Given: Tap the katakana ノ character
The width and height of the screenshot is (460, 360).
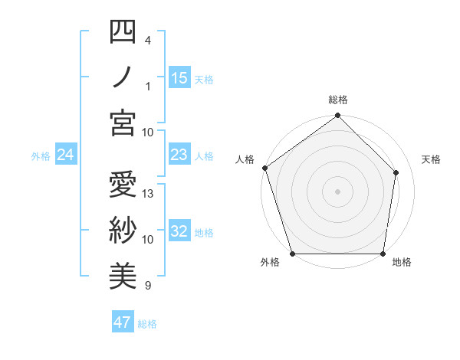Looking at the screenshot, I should point(123,77).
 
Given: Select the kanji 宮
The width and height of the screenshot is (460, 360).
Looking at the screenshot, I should point(123,123).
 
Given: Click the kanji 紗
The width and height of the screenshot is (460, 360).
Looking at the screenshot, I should point(123,230).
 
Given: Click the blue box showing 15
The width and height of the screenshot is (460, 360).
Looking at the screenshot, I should point(179,78).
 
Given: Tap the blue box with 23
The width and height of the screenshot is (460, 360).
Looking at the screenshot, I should point(179,155).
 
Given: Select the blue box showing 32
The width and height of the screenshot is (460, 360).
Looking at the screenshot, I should point(179,232).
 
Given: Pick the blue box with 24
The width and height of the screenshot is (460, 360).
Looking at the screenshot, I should point(66,155).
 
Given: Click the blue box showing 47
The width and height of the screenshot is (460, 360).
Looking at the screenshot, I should point(123,322).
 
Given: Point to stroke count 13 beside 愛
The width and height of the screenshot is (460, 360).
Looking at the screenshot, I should point(149,194).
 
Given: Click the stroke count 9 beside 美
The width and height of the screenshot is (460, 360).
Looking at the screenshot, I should point(148,286).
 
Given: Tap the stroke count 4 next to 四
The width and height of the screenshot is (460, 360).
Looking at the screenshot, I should point(148,40).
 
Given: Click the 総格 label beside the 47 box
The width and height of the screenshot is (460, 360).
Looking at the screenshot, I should point(147,323).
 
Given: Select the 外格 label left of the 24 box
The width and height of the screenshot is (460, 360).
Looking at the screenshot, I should point(41,156).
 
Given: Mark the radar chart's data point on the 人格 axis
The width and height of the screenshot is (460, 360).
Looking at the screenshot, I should point(264,168).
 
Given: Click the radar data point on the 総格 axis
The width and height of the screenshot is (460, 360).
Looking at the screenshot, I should point(337,116).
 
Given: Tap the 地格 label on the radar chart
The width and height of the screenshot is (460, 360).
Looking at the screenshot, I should point(402,263).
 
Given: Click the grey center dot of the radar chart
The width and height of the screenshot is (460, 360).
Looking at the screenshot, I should point(337,191).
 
